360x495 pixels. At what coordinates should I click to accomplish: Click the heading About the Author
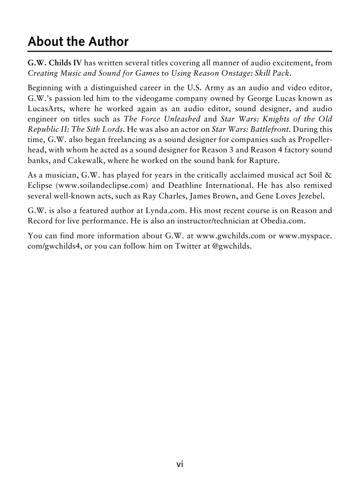78,42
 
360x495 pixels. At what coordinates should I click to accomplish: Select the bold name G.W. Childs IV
55,63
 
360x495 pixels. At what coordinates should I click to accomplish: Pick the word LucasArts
46,109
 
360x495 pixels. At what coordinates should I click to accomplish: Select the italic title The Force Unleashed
162,119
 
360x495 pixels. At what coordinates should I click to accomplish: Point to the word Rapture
264,160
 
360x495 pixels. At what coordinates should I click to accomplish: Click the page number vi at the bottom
180,464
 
